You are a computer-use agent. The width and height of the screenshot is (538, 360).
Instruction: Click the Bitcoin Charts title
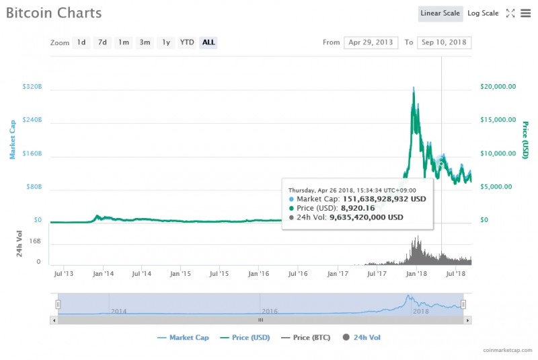point(54,13)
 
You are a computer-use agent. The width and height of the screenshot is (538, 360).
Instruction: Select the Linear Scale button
point(440,13)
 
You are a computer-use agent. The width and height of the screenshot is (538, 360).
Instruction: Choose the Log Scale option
point(483,13)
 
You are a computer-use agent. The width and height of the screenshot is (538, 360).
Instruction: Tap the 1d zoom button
point(81,42)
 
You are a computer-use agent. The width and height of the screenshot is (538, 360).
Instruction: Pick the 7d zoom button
point(102,42)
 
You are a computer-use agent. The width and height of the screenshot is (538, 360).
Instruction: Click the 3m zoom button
point(145,42)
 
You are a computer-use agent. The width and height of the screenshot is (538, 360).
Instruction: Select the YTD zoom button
point(187,42)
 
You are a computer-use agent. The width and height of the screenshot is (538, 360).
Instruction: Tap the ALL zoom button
point(208,42)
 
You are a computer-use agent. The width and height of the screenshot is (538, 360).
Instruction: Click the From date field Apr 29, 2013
point(371,42)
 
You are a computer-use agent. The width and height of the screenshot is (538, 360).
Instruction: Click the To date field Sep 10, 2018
point(444,42)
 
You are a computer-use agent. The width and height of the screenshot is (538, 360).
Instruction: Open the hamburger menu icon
point(525,13)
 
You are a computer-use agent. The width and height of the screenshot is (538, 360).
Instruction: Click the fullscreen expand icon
point(510,13)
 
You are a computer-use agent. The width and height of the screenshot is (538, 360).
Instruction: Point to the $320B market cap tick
point(32,87)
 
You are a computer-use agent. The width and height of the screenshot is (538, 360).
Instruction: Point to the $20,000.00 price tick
point(498,87)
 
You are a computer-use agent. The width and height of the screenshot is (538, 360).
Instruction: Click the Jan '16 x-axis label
point(259,274)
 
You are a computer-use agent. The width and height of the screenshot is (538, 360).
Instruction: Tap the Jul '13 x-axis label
point(63,274)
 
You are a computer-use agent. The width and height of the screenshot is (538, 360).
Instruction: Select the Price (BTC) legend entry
point(315,337)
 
